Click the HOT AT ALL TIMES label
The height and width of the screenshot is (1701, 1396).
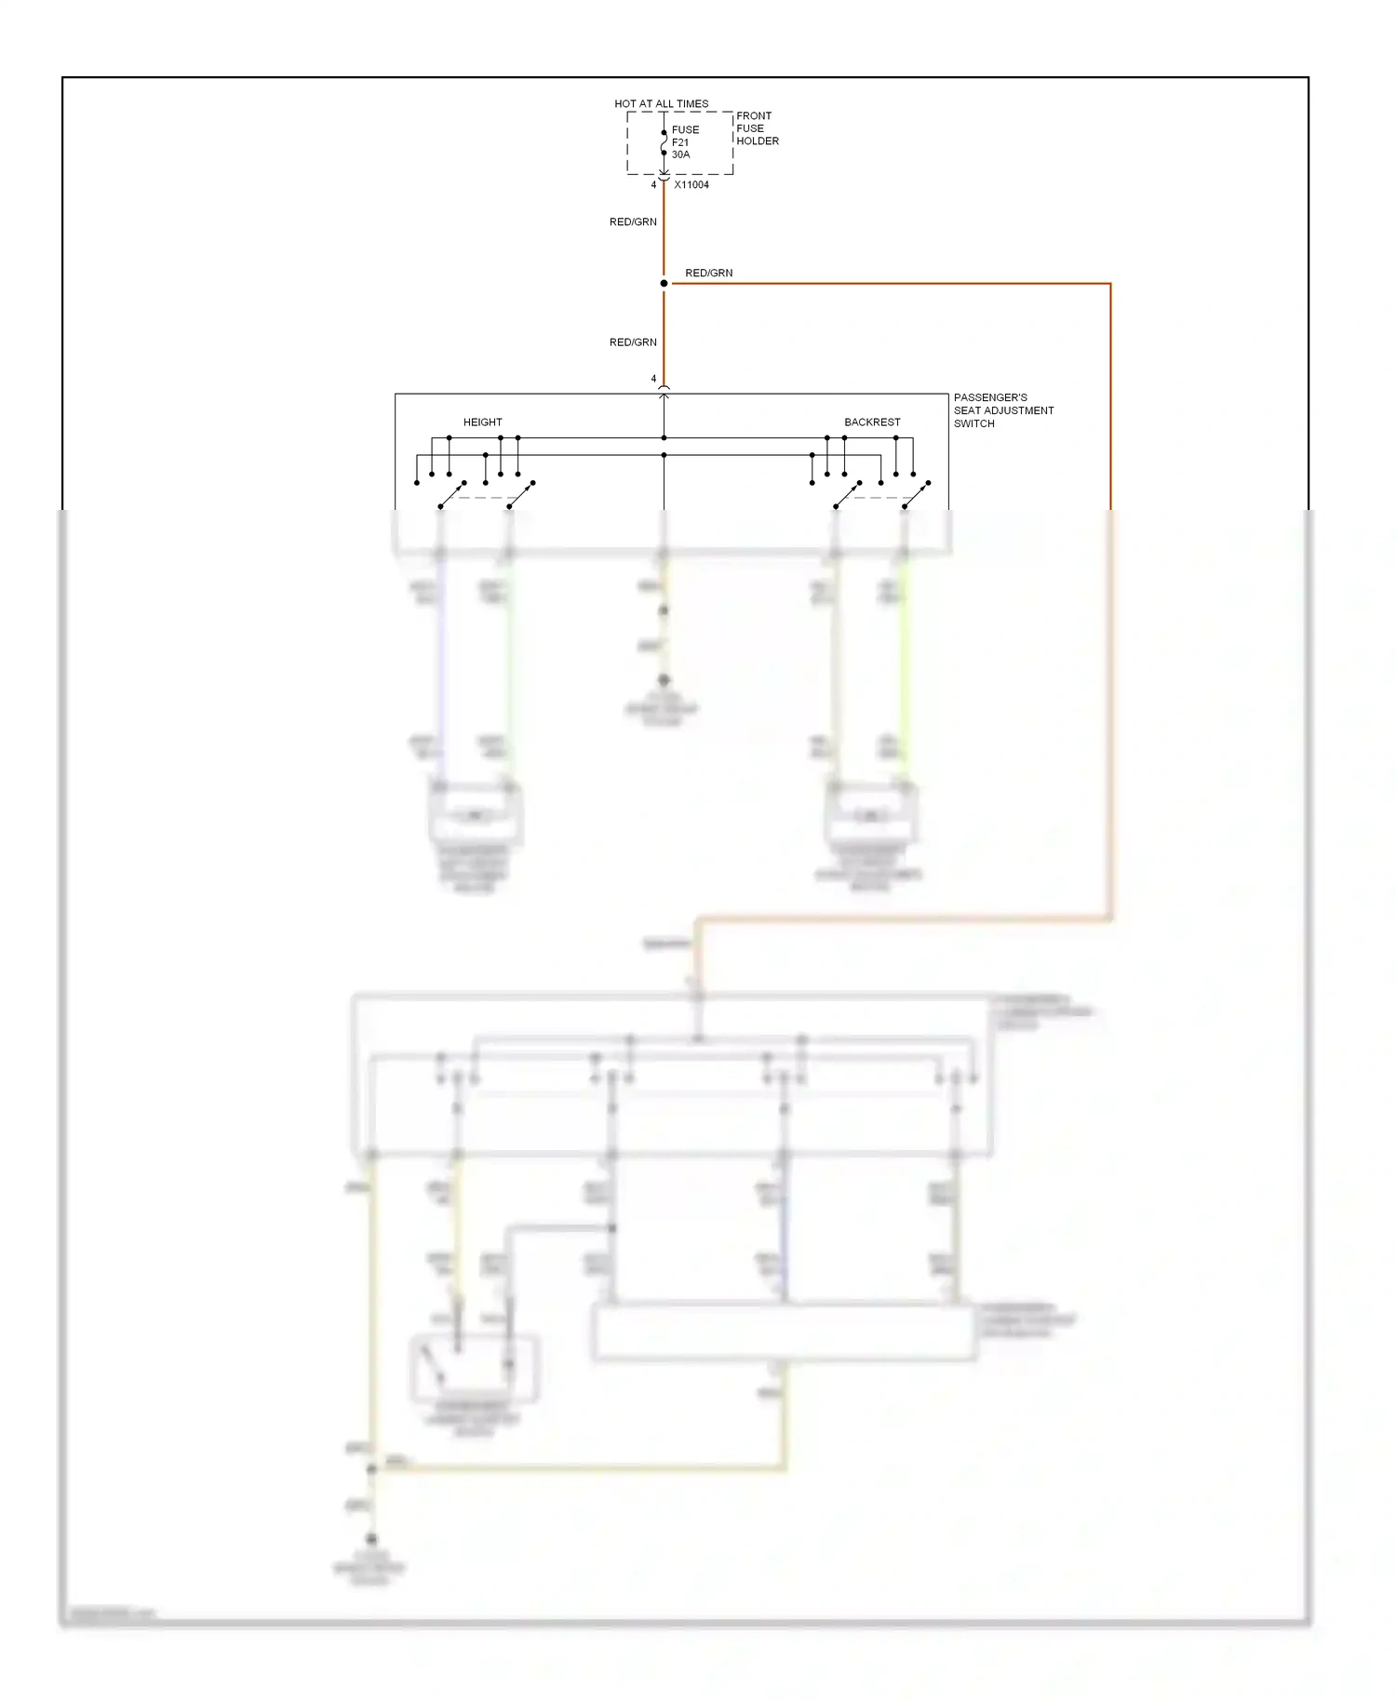click(661, 103)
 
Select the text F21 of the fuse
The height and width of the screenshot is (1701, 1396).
click(680, 142)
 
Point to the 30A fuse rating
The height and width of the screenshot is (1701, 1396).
click(681, 154)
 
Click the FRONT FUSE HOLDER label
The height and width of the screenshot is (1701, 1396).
click(757, 128)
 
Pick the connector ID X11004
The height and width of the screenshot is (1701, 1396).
click(691, 185)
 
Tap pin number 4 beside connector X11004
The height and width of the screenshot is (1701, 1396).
click(653, 185)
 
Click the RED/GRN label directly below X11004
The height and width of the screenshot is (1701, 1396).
click(633, 222)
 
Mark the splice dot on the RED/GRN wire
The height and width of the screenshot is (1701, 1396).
click(664, 283)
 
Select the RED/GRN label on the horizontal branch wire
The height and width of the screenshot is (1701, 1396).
click(708, 273)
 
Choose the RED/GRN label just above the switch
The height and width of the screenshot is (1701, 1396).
click(633, 342)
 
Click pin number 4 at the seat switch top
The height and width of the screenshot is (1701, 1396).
click(653, 379)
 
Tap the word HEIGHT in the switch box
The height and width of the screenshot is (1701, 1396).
click(482, 422)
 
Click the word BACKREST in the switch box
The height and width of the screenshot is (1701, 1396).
click(872, 422)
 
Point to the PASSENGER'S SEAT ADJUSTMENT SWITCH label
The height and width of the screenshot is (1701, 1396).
click(1003, 410)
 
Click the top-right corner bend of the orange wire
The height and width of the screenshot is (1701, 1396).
click(1110, 284)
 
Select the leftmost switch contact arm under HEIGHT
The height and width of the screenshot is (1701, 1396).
click(451, 495)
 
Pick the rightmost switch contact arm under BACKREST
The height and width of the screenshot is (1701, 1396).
click(916, 495)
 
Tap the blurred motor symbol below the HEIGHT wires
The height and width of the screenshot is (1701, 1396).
click(475, 816)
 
